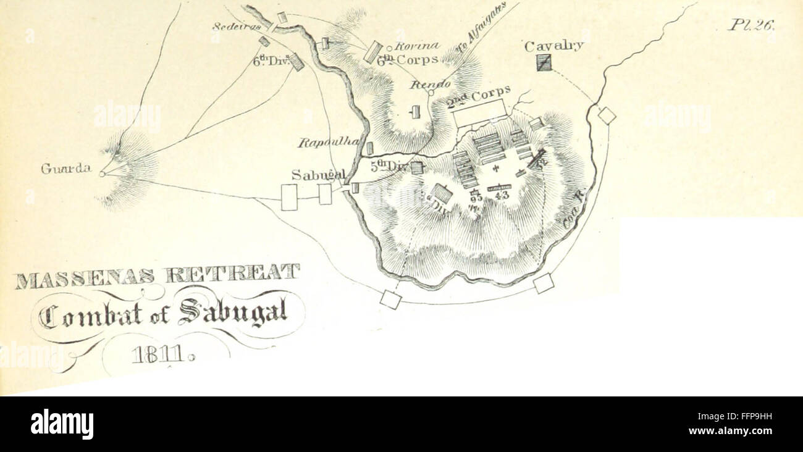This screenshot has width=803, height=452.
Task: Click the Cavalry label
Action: [x=553, y=46]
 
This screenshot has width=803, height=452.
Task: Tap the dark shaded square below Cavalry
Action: [x=544, y=62]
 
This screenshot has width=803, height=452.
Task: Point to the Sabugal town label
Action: [x=318, y=175]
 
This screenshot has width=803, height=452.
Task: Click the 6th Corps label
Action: [x=408, y=60]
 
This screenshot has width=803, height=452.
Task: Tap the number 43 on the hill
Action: [x=500, y=196]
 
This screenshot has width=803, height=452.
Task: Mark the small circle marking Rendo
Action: [x=431, y=93]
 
